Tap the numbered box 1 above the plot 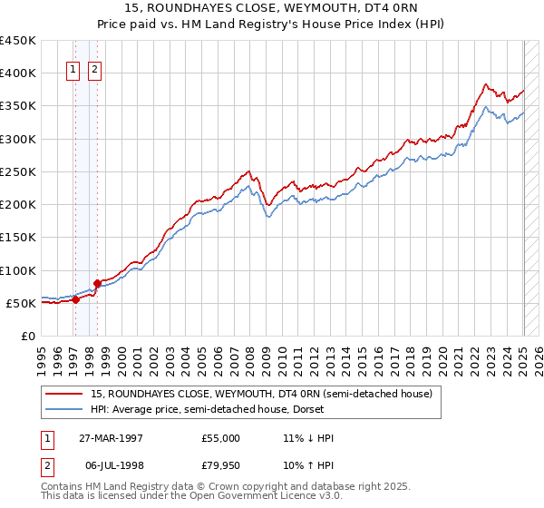(x=73, y=66)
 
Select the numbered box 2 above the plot (x=94, y=66)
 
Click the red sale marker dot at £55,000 (x=76, y=299)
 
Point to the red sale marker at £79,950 (x=97, y=283)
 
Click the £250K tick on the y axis (x=18, y=171)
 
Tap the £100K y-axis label (x=18, y=270)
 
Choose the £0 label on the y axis (x=28, y=336)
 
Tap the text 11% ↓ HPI (x=308, y=438)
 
